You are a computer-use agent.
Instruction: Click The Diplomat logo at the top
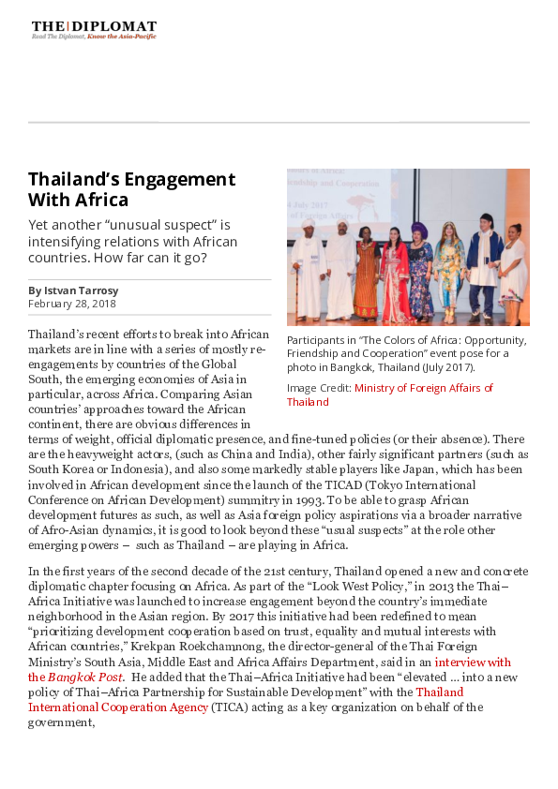click(x=94, y=29)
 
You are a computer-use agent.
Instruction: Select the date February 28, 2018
click(x=72, y=304)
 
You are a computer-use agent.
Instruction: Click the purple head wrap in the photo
click(x=417, y=228)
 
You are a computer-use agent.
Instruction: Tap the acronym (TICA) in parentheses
click(x=223, y=707)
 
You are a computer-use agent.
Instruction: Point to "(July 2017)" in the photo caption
click(x=444, y=368)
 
